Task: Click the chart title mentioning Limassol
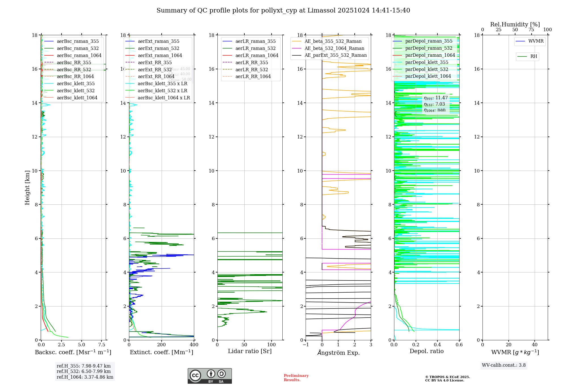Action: pos(283,11)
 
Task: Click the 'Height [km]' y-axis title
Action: pos(27,187)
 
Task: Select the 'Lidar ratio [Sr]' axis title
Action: pos(250,351)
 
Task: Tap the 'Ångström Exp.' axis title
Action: pos(338,353)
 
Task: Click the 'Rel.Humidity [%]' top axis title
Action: pos(515,24)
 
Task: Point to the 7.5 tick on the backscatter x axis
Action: pos(102,345)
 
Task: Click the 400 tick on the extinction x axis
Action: pos(194,345)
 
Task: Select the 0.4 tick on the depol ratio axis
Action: pos(437,345)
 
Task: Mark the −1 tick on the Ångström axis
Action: pos(306,345)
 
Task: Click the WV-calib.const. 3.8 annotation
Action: pos(504,365)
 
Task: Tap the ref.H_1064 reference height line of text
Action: pos(85,377)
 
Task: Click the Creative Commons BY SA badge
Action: pos(210,376)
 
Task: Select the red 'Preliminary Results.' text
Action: pos(296,377)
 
